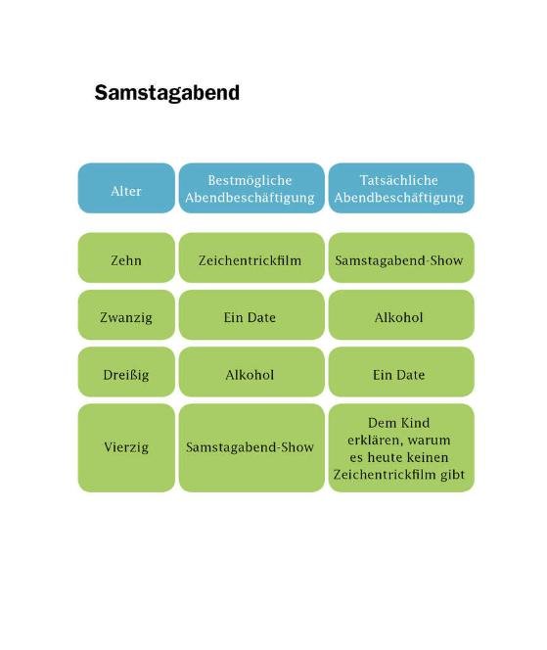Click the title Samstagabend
pyautogui.click(x=167, y=92)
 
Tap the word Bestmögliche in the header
pyautogui.click(x=250, y=180)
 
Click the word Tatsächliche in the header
pyautogui.click(x=398, y=180)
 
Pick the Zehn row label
pyautogui.click(x=126, y=260)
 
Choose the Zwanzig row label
pyautogui.click(x=126, y=317)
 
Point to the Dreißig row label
pyautogui.click(x=126, y=375)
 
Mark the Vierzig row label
pyautogui.click(x=126, y=447)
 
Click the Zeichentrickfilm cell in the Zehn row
pyautogui.click(x=250, y=260)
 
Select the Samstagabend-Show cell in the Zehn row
pyautogui.click(x=399, y=260)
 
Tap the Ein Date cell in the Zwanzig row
pyautogui.click(x=250, y=317)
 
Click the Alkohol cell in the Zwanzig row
pyautogui.click(x=398, y=317)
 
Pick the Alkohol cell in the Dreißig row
pyautogui.click(x=250, y=375)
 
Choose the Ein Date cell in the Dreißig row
pyautogui.click(x=398, y=375)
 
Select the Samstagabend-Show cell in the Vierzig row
pyautogui.click(x=250, y=447)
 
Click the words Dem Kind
pyautogui.click(x=398, y=423)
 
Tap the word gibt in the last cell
pyautogui.click(x=452, y=475)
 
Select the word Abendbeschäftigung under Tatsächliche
pyautogui.click(x=398, y=198)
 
